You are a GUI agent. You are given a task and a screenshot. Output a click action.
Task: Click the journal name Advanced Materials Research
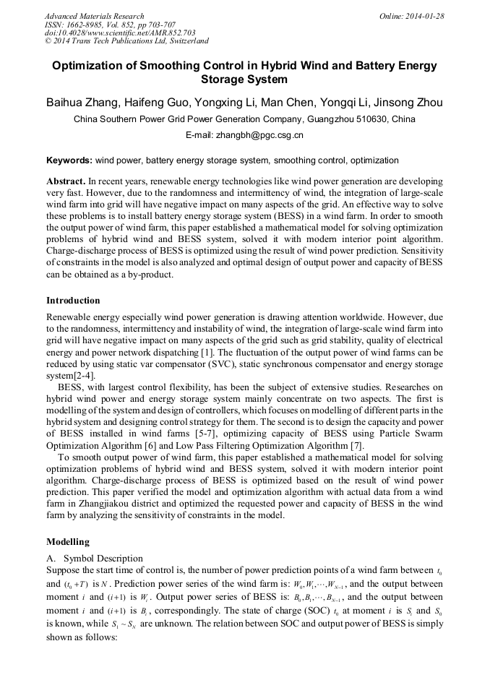[x=94, y=16]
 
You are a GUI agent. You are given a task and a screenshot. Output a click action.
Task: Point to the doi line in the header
[x=120, y=33]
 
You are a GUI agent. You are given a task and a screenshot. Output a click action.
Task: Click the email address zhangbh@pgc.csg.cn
[x=263, y=134]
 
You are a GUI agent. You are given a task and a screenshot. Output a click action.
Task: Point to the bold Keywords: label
[x=69, y=160]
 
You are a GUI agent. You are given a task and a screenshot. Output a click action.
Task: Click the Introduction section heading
[x=73, y=300]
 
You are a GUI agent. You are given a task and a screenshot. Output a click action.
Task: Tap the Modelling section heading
[x=68, y=541]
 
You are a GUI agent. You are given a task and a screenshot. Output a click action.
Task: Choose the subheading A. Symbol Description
[x=95, y=558]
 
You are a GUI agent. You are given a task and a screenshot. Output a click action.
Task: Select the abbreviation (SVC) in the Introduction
[x=220, y=363]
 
